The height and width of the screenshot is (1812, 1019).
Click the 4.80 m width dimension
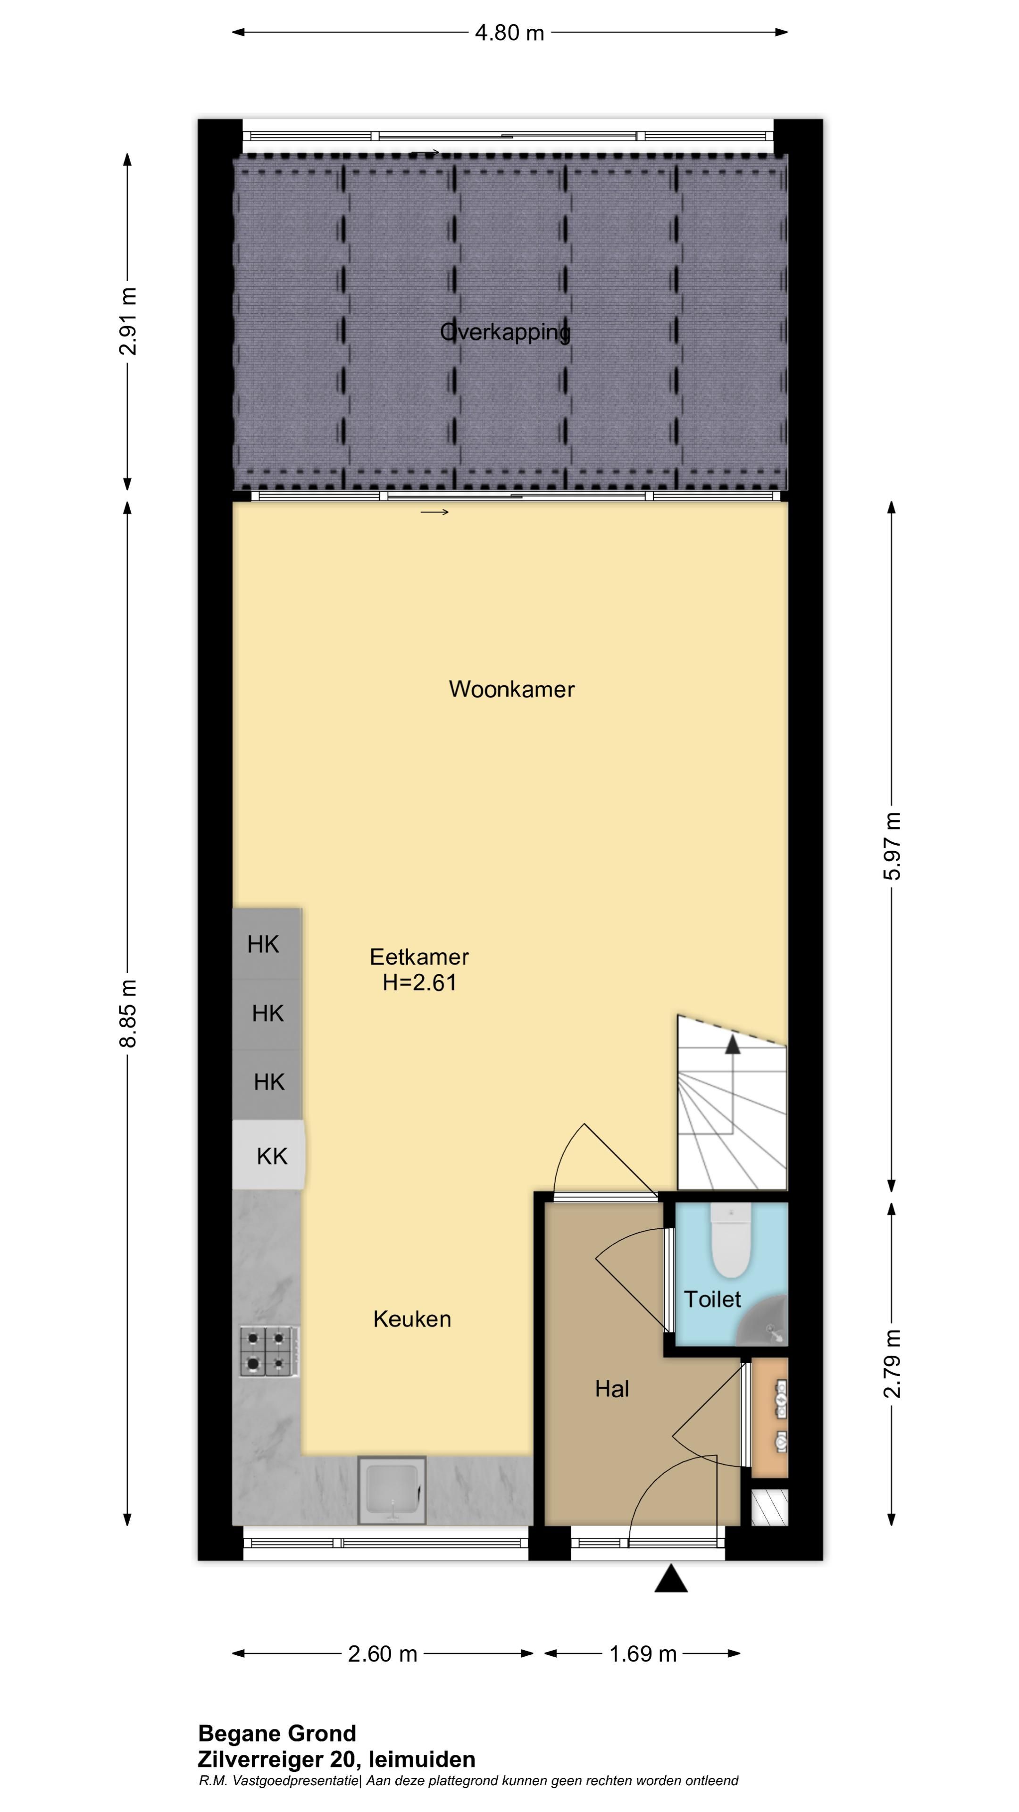509,33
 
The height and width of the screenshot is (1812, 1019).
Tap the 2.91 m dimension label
128,321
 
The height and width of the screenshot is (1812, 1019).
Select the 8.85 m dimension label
128,1013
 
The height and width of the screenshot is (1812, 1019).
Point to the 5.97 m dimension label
892,846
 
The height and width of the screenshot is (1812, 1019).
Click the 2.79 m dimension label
892,1363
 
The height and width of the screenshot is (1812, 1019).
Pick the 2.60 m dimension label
383,1654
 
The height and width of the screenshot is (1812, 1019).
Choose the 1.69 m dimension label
643,1654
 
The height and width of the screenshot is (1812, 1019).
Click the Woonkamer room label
511,688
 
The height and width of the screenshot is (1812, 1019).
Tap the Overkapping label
505,332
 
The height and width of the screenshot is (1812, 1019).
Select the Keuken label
412,1319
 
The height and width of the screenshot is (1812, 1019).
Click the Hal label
612,1389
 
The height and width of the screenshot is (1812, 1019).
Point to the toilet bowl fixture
731,1239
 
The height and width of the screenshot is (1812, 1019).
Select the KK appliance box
268,1155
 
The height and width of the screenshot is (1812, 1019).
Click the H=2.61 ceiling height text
420,982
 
